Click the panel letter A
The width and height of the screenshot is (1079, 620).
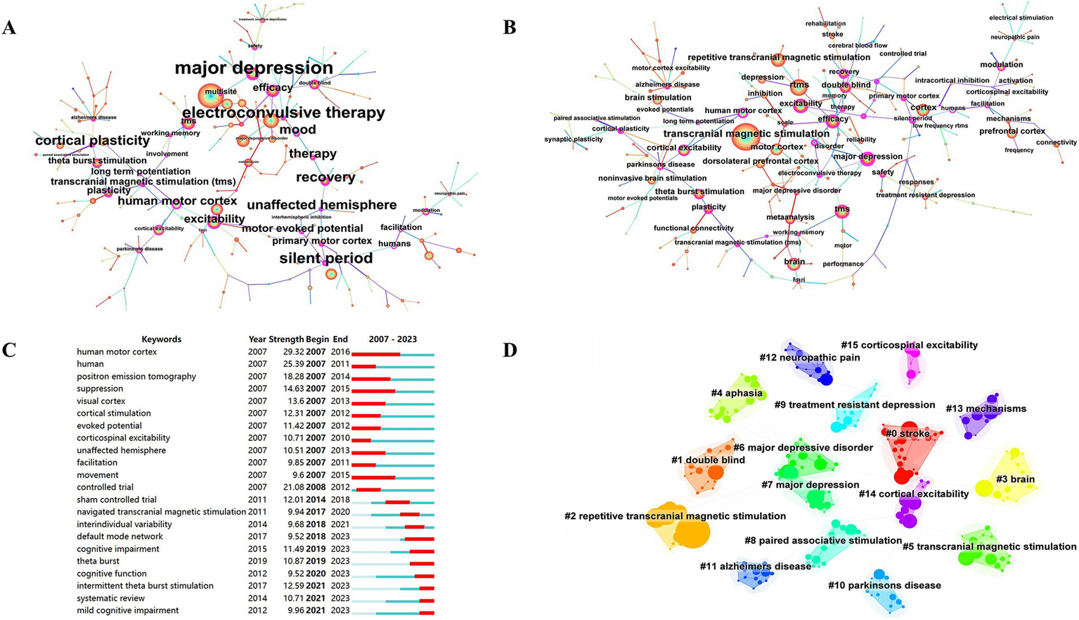point(9,27)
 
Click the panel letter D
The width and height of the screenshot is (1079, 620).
point(510,349)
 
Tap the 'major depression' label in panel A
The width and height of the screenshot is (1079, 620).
point(254,68)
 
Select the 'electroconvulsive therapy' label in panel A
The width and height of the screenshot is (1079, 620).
point(283,112)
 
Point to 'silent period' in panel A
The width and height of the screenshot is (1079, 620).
point(326,259)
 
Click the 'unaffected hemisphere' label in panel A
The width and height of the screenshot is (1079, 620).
point(321,205)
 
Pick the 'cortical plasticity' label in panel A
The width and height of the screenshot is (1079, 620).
point(92,141)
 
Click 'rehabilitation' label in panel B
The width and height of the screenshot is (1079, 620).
point(825,24)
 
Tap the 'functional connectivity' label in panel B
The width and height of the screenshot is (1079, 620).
point(693,228)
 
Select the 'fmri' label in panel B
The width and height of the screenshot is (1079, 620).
point(799,280)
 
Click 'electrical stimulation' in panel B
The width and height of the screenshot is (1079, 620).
point(1021,18)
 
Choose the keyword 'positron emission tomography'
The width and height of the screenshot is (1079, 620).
point(136,377)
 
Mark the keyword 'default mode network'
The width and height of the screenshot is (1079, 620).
point(119,536)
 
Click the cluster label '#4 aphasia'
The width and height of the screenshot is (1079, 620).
point(736,393)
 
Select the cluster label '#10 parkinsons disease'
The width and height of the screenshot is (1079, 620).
point(884,586)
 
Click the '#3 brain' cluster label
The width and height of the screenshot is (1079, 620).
point(1015,479)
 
